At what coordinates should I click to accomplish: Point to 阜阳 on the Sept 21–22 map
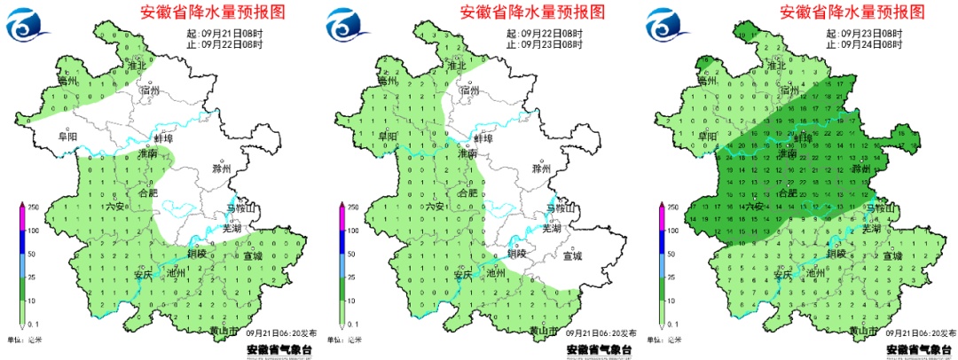pyautogui.click(x=67, y=137)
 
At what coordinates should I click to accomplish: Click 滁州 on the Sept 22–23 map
pyautogui.click(x=541, y=168)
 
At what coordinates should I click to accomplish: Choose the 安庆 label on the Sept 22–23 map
pyautogui.click(x=464, y=275)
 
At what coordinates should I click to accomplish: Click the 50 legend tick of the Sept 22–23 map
pyautogui.click(x=352, y=254)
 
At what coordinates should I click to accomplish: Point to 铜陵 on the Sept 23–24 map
pyautogui.click(x=836, y=254)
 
